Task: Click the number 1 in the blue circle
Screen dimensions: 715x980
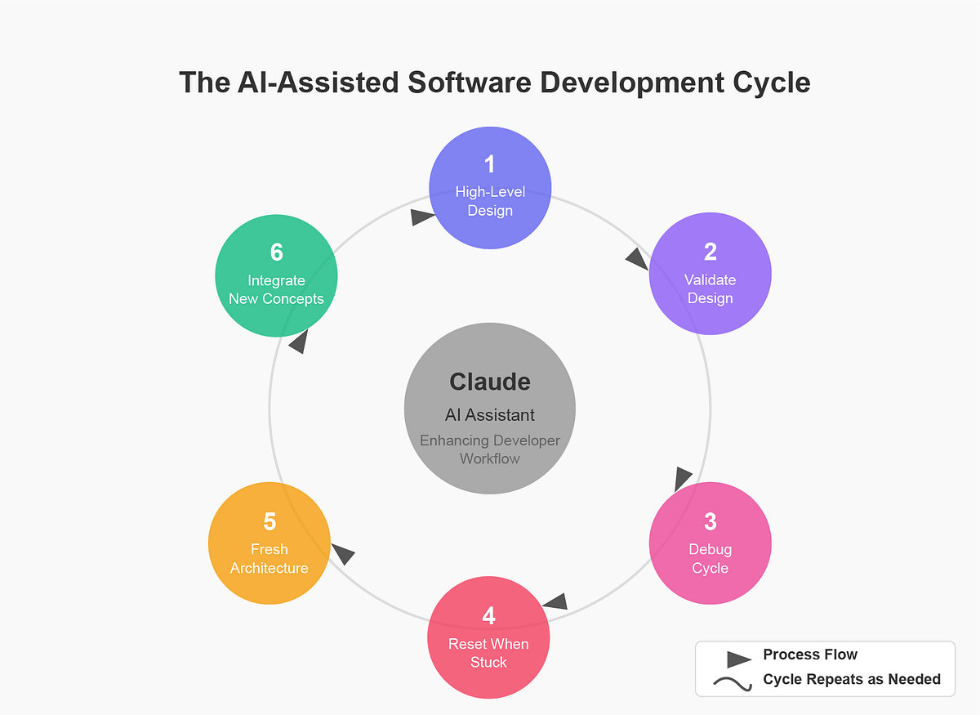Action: click(x=490, y=164)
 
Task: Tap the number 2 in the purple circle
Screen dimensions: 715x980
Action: click(x=710, y=252)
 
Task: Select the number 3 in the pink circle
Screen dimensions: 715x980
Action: click(x=710, y=521)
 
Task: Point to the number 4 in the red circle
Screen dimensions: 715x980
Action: click(x=488, y=615)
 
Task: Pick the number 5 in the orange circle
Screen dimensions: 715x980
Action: click(x=269, y=521)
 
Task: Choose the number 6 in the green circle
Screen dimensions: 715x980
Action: click(x=276, y=252)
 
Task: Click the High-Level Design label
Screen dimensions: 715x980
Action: click(x=490, y=201)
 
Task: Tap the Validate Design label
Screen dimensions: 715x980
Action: click(x=710, y=288)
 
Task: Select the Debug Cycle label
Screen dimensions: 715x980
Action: click(x=710, y=558)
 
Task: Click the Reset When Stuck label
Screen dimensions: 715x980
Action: click(x=488, y=653)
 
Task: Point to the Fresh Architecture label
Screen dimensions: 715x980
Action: click(x=269, y=558)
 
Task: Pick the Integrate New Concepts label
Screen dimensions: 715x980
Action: click(x=276, y=289)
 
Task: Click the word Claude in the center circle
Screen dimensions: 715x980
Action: click(x=490, y=382)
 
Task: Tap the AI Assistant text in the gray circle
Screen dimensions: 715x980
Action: click(x=490, y=415)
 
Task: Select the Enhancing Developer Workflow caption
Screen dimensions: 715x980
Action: click(x=490, y=449)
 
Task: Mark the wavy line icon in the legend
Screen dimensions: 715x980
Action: click(x=733, y=684)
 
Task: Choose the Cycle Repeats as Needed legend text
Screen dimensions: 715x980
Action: click(x=852, y=679)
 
